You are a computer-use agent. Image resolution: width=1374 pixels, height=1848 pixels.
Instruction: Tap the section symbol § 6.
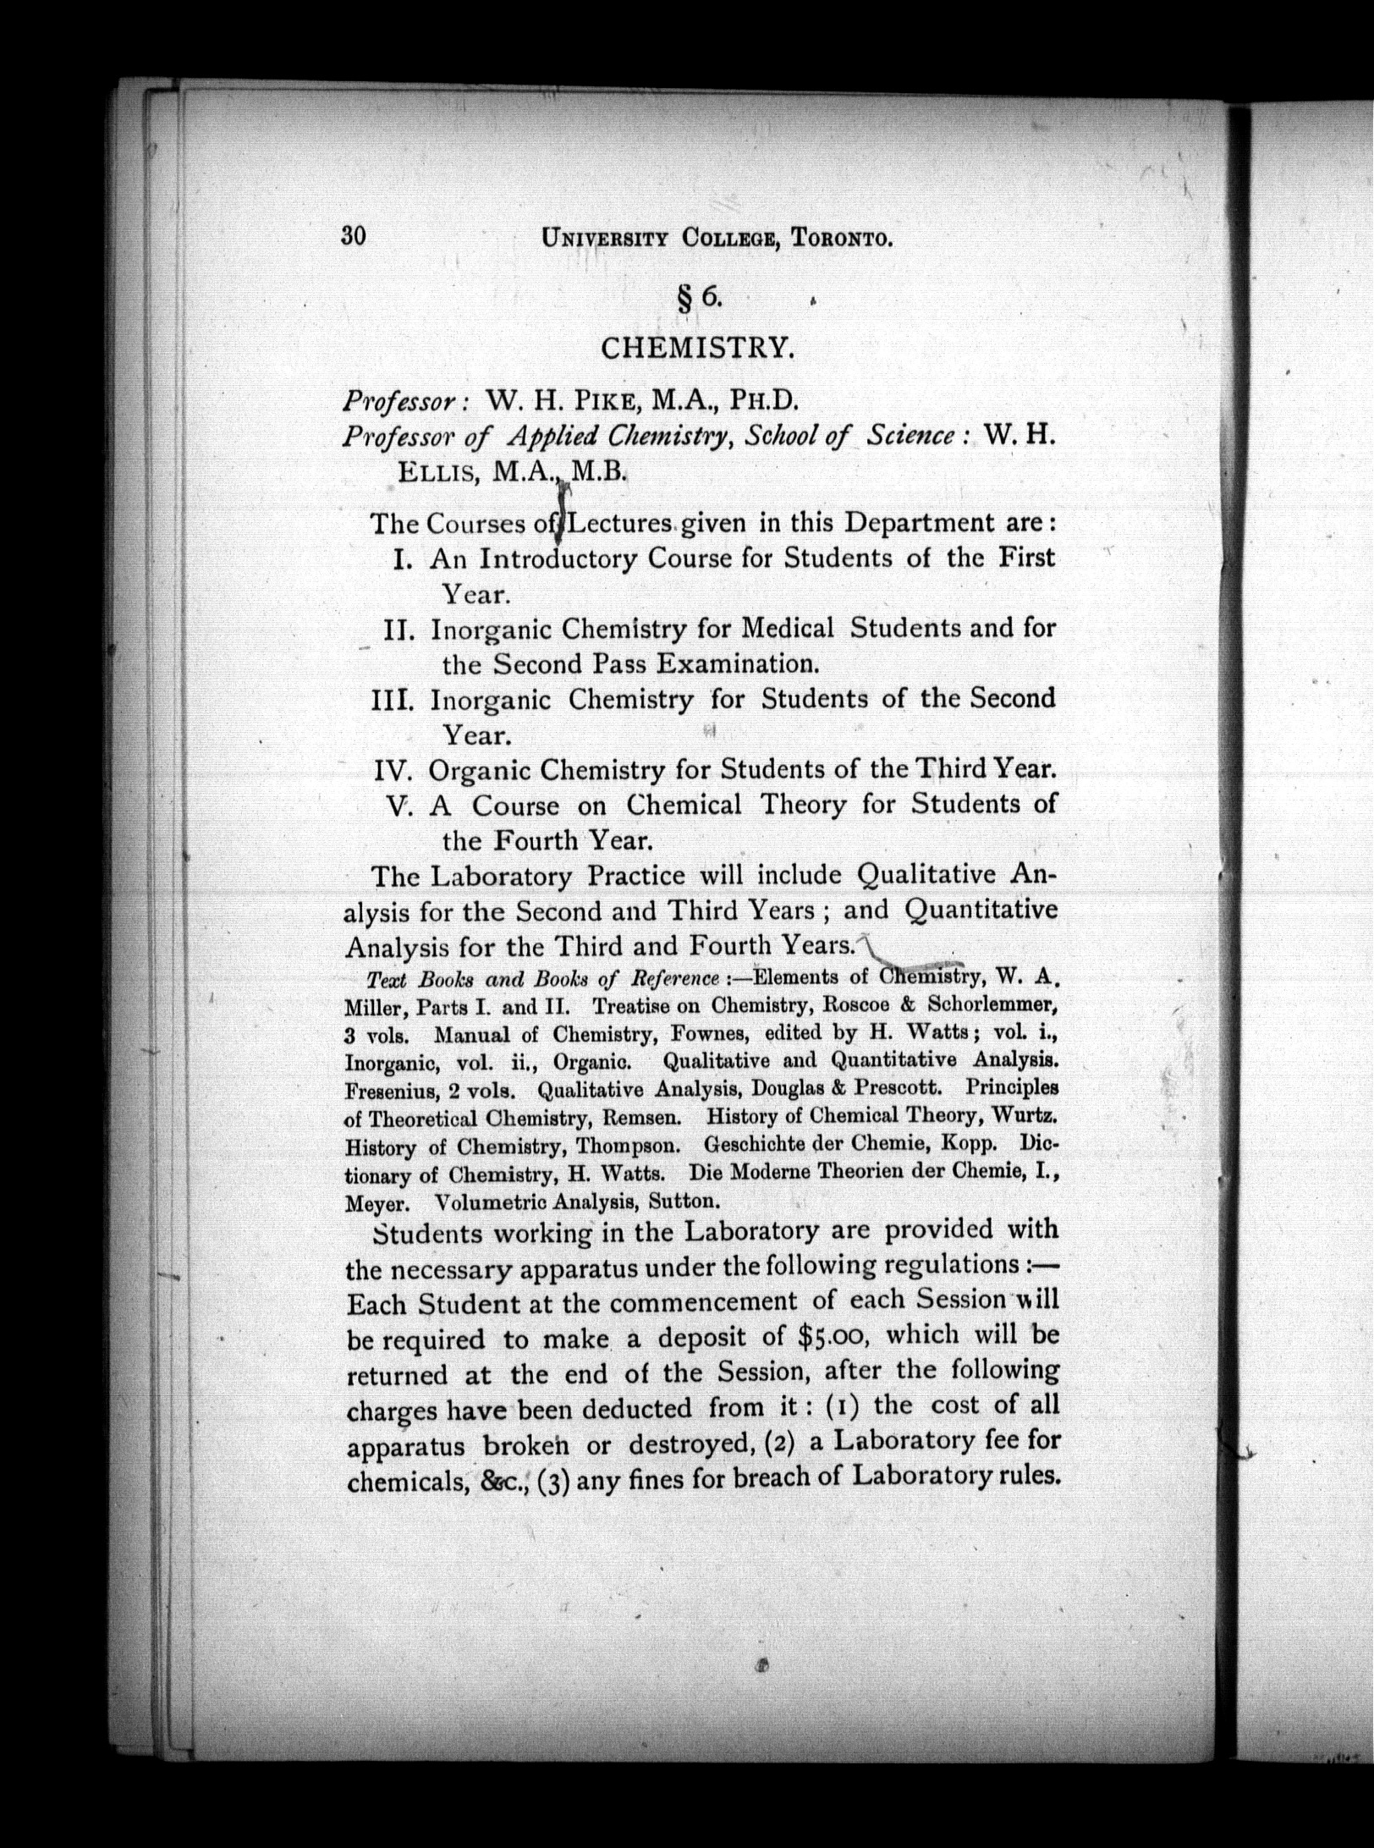click(x=699, y=296)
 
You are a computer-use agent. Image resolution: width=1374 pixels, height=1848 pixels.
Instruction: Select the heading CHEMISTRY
click(x=697, y=347)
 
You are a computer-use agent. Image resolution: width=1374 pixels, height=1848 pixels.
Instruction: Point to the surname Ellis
click(x=439, y=471)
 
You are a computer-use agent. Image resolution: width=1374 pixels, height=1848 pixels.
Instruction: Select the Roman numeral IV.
click(x=393, y=771)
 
